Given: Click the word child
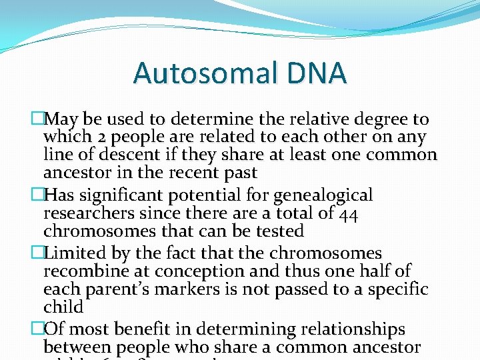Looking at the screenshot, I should (x=63, y=307).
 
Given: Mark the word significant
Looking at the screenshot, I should (x=119, y=196).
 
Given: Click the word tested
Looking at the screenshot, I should (x=276, y=232).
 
